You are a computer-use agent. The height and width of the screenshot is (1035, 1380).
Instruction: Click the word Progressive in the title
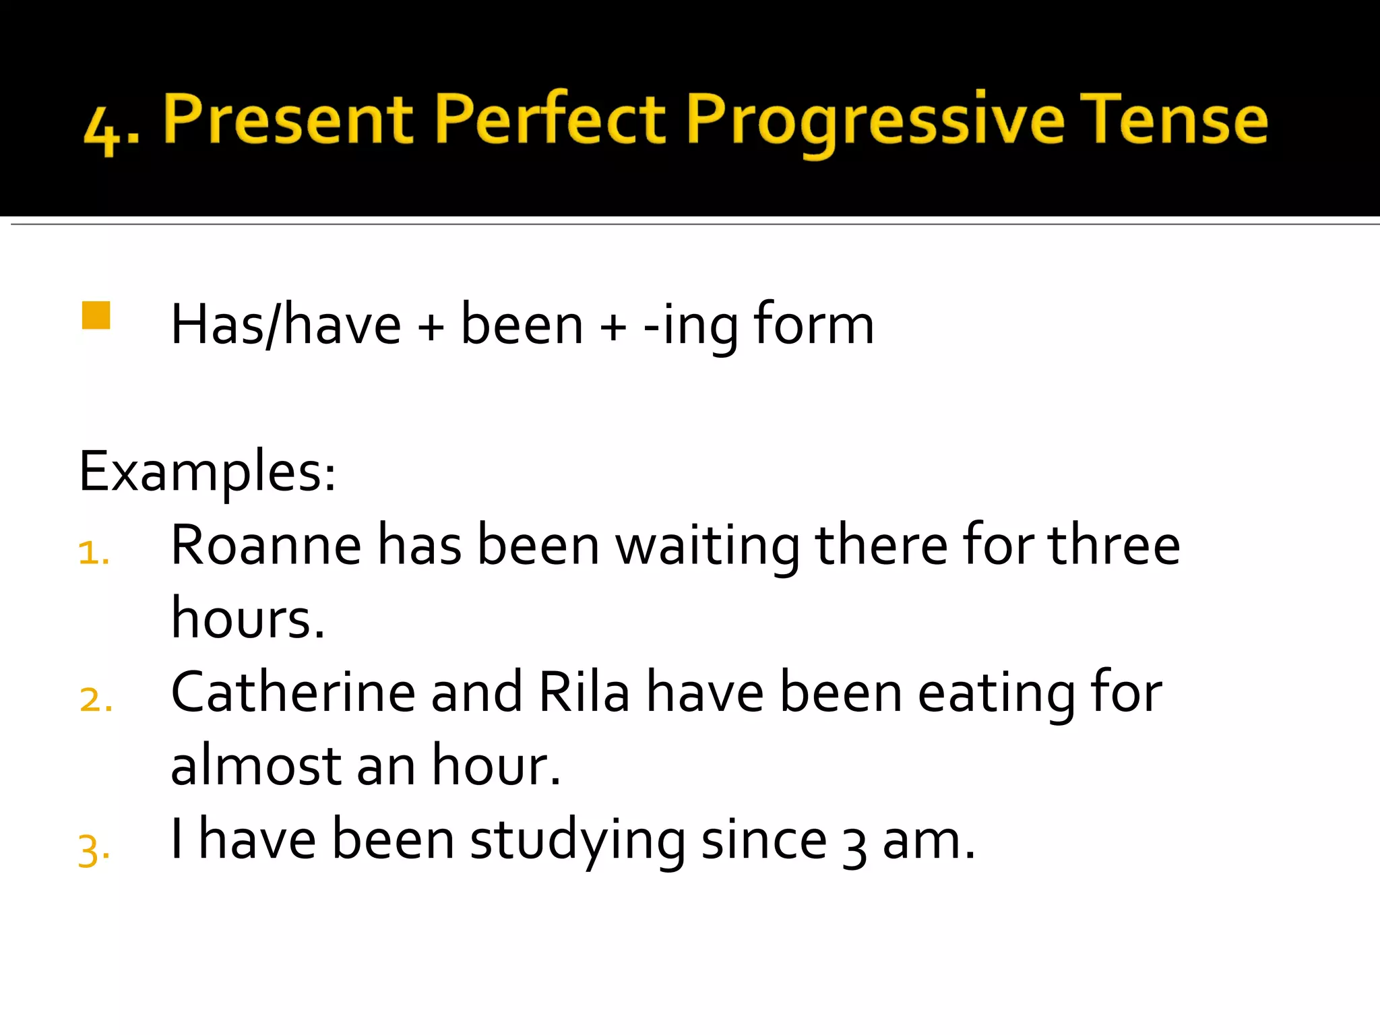875,121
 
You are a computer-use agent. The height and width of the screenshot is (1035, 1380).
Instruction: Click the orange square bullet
96,315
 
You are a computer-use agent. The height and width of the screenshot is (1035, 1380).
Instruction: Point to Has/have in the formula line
286,325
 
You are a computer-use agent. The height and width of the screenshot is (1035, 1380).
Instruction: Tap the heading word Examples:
207,472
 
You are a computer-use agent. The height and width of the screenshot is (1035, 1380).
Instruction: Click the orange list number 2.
95,700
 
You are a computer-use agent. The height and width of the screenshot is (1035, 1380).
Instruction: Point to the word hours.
247,619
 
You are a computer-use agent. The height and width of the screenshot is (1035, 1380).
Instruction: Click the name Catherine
292,692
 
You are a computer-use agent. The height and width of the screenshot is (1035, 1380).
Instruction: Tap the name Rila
584,692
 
